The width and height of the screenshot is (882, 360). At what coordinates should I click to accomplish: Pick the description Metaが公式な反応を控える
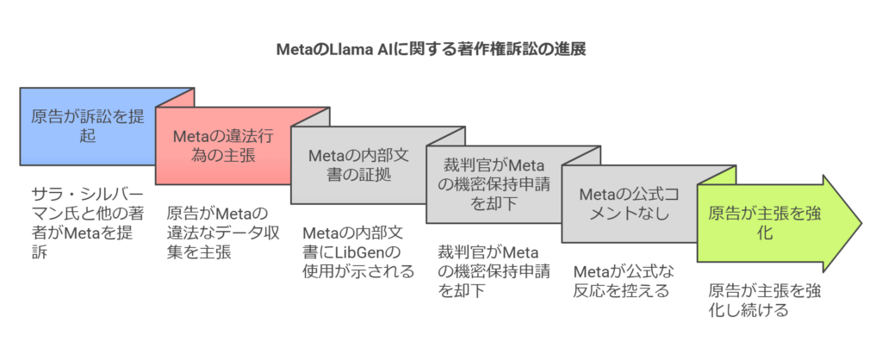pyautogui.click(x=624, y=281)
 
